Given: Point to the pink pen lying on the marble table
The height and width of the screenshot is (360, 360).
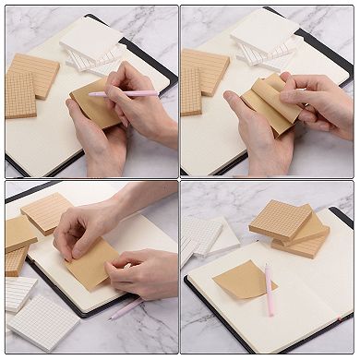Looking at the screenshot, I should tap(127, 308).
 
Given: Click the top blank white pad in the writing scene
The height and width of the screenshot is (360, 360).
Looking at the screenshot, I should tap(92, 39).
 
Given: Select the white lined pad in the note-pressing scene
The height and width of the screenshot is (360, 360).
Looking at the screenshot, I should tap(18, 294).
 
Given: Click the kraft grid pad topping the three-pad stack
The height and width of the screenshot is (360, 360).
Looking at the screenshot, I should tap(279, 218).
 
